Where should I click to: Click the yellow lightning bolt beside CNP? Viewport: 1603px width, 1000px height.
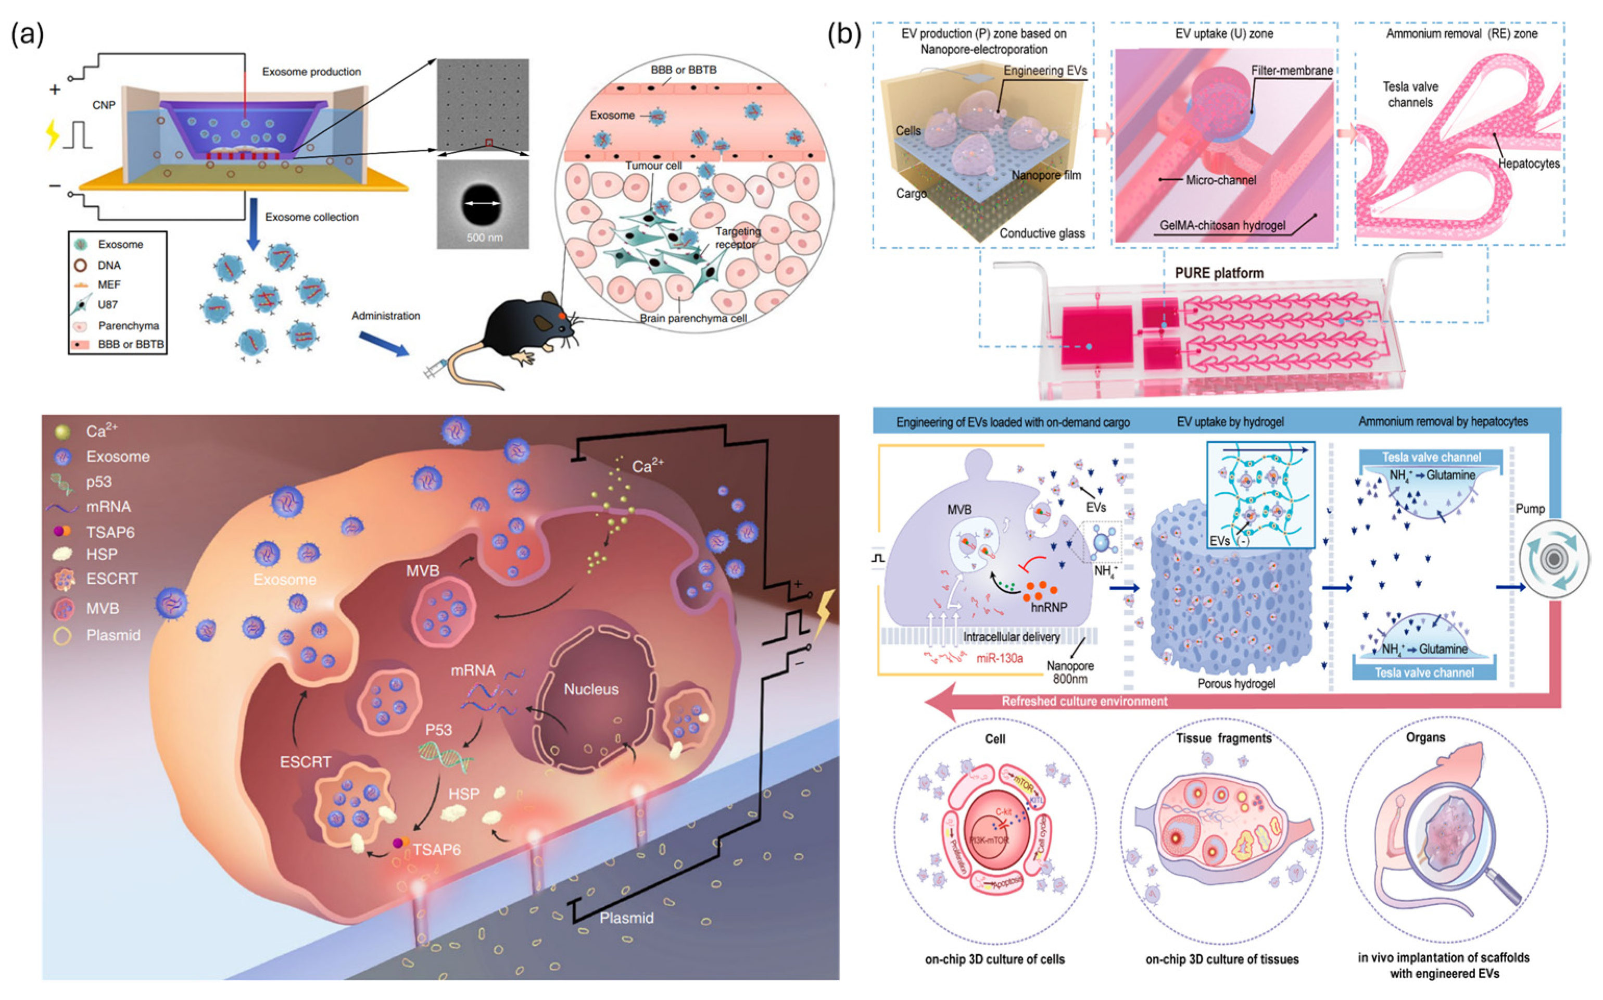52,134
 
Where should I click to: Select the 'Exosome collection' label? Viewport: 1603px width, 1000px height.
311,217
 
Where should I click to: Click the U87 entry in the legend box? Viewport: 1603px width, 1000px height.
107,305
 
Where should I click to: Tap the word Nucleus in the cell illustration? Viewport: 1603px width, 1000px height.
590,689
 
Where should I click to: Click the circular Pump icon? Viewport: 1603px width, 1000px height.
1554,559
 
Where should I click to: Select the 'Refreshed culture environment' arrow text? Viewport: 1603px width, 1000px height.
1084,701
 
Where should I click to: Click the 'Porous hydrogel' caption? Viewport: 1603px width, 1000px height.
1235,684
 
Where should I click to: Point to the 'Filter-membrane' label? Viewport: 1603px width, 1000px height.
1292,70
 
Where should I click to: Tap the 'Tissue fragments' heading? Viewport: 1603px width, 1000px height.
1223,738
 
